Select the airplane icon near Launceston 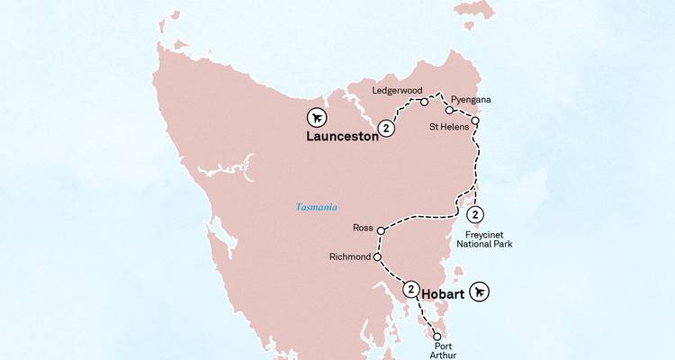pyautogui.click(x=317, y=117)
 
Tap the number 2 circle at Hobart pyautogui.click(x=411, y=290)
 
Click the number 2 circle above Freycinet pyautogui.click(x=475, y=214)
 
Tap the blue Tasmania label pyautogui.click(x=317, y=207)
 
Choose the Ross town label pyautogui.click(x=363, y=229)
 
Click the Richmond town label pyautogui.click(x=350, y=256)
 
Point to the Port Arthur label pyautogui.click(x=444, y=350)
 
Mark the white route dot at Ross pyautogui.click(x=382, y=230)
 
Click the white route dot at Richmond pyautogui.click(x=377, y=257)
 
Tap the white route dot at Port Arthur pyautogui.click(x=438, y=334)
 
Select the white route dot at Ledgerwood pyautogui.click(x=424, y=102)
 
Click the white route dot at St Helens pyautogui.click(x=475, y=120)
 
